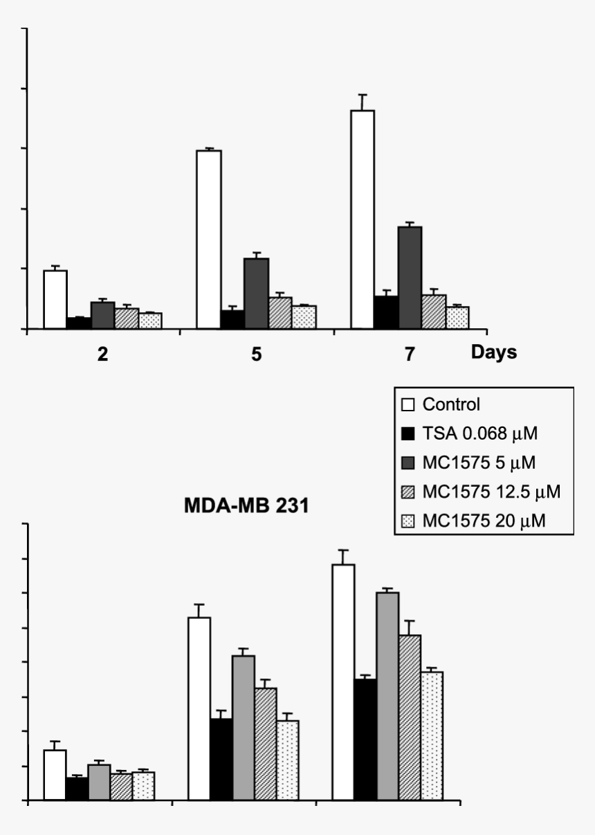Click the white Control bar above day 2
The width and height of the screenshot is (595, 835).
[x=55, y=299]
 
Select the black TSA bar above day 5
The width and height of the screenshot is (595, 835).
[x=232, y=319]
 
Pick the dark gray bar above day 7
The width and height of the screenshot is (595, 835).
[x=410, y=278]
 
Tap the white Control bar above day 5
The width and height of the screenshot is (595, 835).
[x=209, y=239]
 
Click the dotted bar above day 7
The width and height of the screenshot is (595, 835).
[x=457, y=317]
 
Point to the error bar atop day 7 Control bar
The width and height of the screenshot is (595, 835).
[x=363, y=102]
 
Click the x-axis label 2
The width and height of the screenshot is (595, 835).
[x=102, y=354]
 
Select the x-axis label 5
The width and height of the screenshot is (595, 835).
[x=256, y=354]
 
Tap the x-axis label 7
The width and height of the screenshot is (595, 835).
[x=410, y=354]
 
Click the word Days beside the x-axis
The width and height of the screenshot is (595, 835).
[x=494, y=352]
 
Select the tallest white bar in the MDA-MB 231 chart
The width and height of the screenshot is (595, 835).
[x=343, y=683]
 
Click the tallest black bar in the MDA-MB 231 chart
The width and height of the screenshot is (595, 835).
[x=366, y=740]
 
